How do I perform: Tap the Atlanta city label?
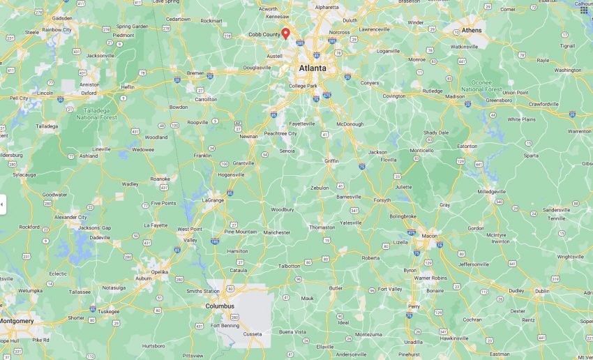(x=313, y=68)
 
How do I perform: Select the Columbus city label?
(x=220, y=306)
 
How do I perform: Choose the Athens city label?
(x=472, y=31)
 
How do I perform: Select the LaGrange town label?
(x=213, y=200)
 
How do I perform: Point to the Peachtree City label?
(x=280, y=133)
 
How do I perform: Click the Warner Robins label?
(x=432, y=278)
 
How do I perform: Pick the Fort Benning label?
(x=225, y=325)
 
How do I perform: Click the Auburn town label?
(x=144, y=278)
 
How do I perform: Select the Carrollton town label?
(x=206, y=100)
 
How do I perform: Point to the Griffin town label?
(x=331, y=161)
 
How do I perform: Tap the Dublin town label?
(x=542, y=291)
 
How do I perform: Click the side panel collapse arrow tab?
(x=2, y=204)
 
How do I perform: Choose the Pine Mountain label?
(x=241, y=232)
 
